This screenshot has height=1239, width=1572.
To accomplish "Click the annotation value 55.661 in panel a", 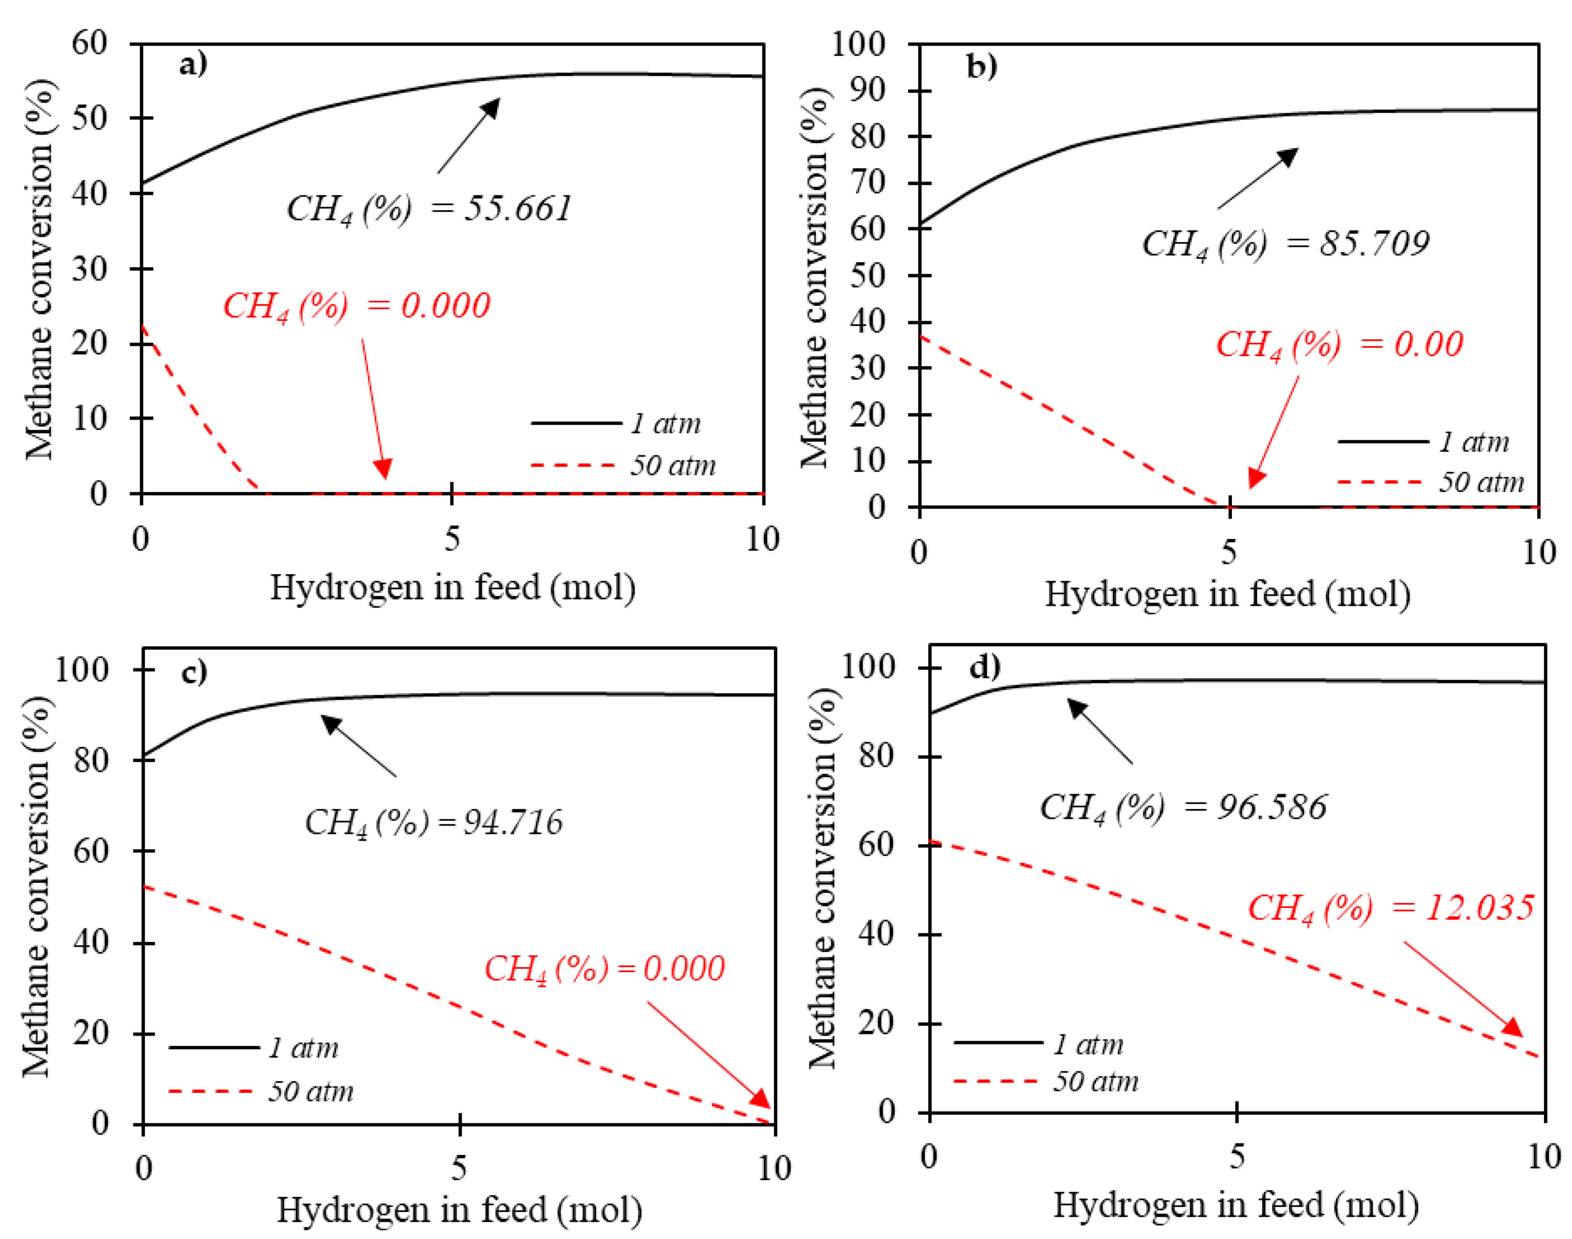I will click(x=518, y=208).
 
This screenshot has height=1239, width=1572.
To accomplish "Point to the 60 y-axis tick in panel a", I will click(x=89, y=44).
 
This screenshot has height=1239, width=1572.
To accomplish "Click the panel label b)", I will click(x=982, y=67).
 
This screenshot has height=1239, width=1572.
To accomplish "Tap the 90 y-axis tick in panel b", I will click(x=868, y=90).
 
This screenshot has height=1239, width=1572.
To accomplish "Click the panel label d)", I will click(x=985, y=666).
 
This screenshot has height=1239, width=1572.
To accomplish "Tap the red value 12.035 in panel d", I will click(x=1479, y=907).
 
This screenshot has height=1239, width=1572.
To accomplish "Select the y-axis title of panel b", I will click(x=814, y=278).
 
